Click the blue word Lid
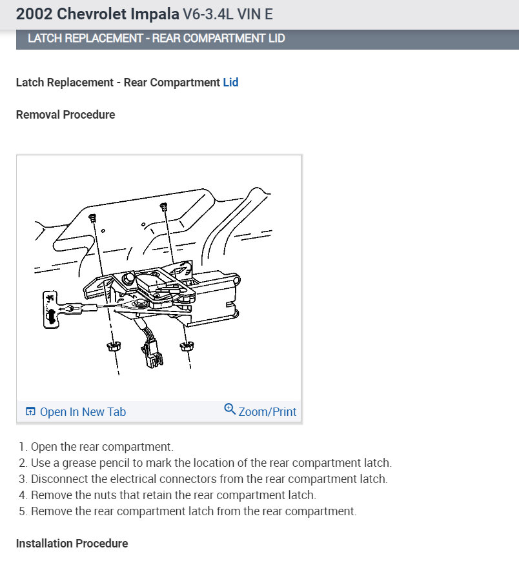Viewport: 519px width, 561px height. pos(230,83)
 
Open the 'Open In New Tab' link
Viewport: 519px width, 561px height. pos(83,412)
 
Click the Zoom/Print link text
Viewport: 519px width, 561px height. pos(267,412)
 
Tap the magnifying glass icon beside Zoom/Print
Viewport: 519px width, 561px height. pos(230,409)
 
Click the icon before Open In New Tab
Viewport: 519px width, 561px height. pos(30,412)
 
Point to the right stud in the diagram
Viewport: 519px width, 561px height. pos(163,206)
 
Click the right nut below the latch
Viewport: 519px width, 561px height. pos(185,347)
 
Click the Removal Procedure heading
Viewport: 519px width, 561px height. pos(65,115)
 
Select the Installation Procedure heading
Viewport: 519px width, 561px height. pos(72,544)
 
